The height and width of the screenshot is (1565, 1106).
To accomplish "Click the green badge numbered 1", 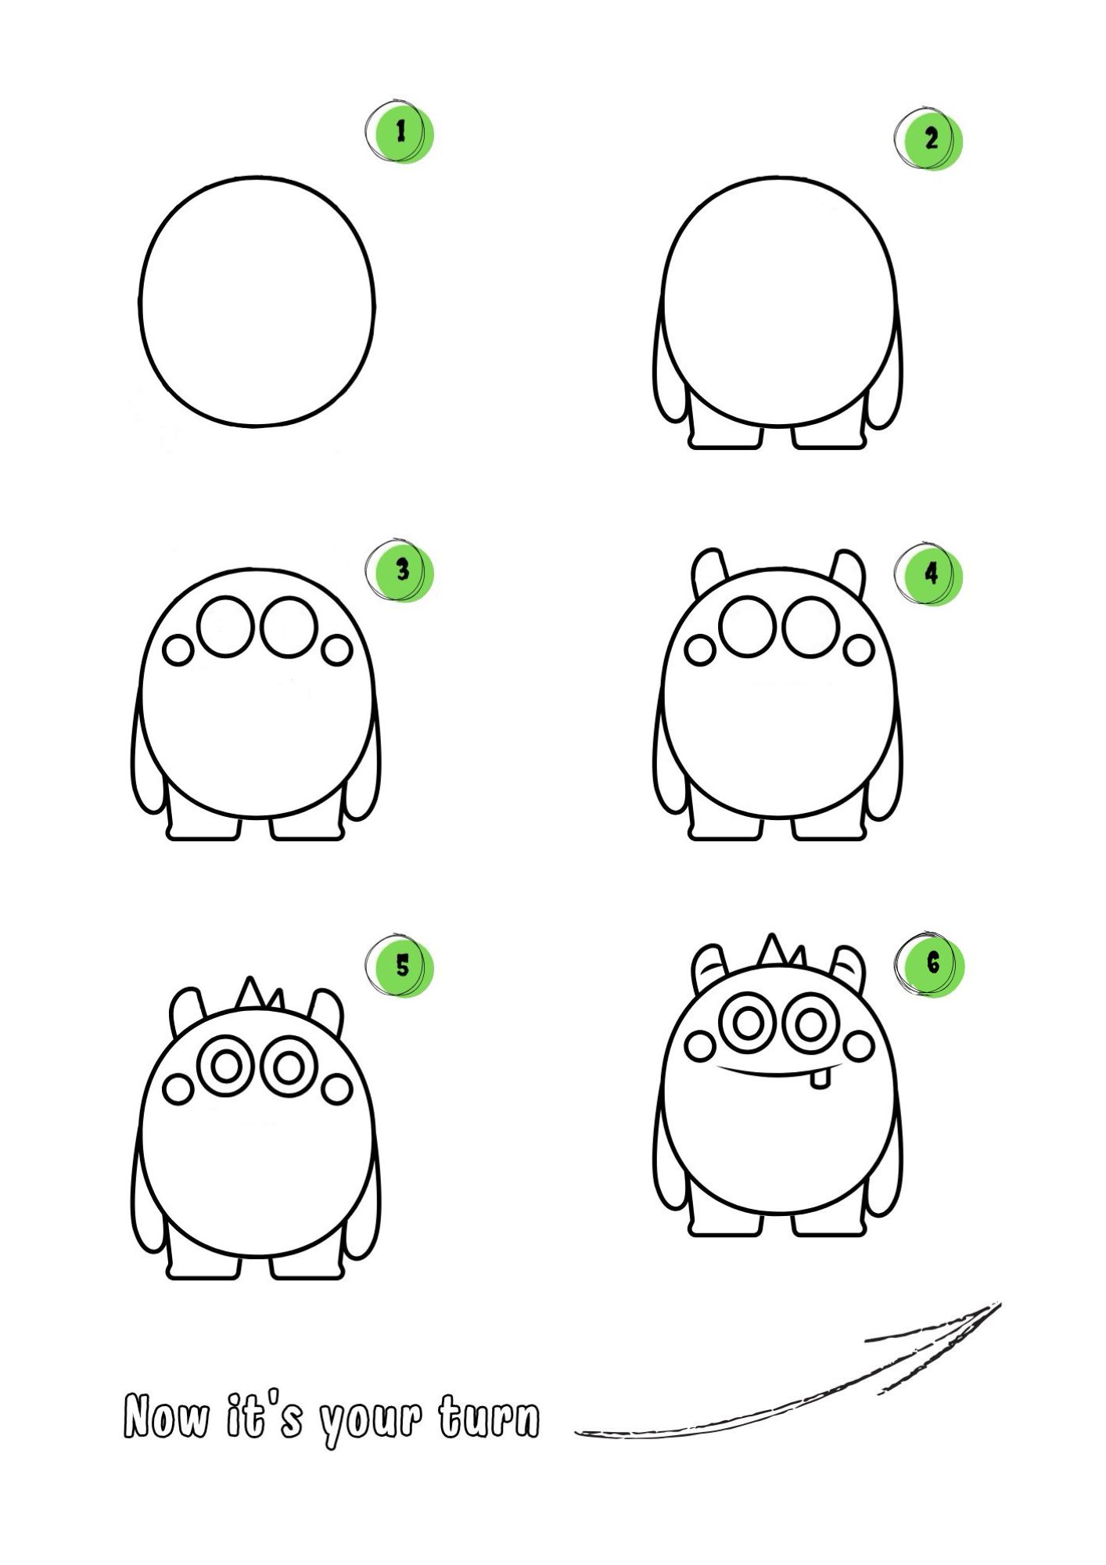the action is pos(401,133).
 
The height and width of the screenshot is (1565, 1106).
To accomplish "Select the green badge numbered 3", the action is pos(401,571).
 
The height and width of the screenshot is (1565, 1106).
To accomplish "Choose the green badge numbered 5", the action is pos(401,966).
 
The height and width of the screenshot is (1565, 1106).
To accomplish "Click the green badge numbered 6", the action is pos(931,964).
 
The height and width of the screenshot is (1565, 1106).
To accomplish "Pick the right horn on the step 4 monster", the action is pos(848,571).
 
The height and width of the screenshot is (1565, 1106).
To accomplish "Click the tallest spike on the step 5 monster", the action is pos(250,992).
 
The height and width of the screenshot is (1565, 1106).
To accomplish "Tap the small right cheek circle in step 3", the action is pos(337,650).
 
